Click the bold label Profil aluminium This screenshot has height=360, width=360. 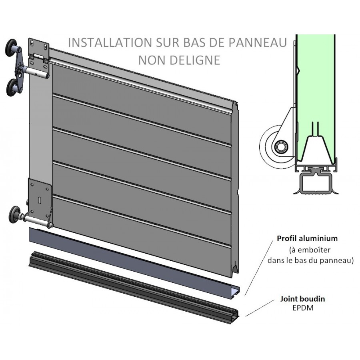pos(307,238)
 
